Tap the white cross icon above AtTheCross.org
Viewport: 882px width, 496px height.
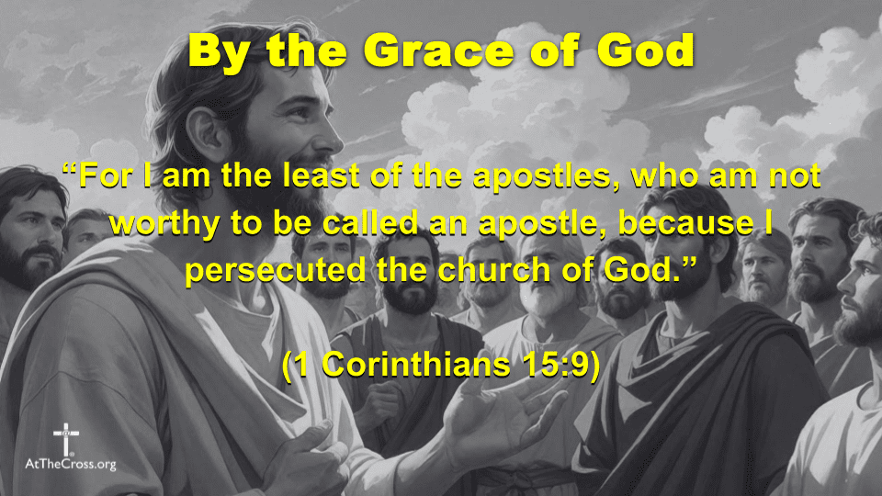pos(66,437)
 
